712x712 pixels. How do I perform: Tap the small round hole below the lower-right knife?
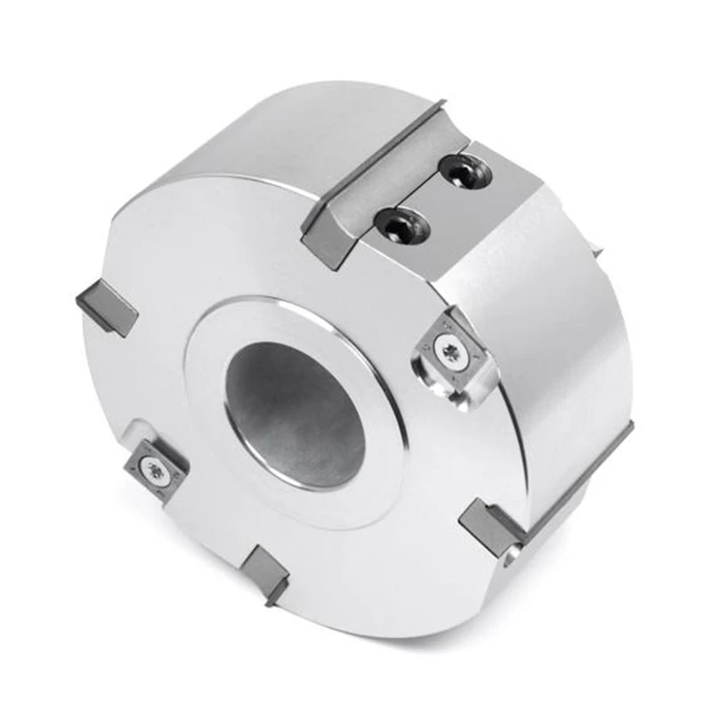pos(508,560)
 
